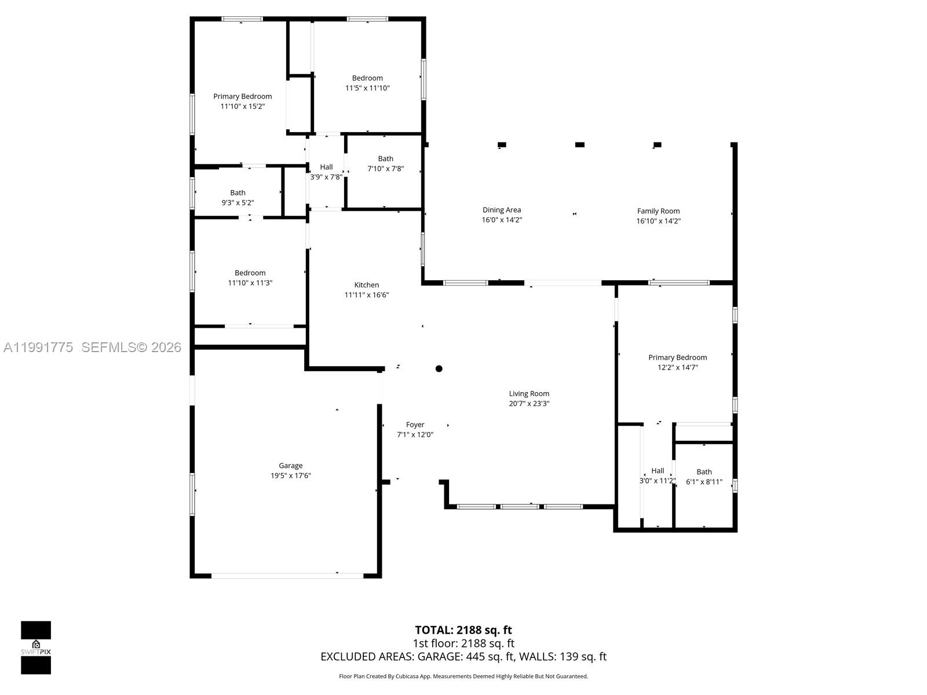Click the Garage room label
(290, 466)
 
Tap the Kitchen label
(366, 285)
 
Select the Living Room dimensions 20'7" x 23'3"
(529, 404)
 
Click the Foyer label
(415, 425)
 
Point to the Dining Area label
(501, 210)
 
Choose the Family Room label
(658, 211)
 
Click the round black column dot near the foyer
(439, 368)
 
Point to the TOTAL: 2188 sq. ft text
(463, 630)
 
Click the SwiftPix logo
(36, 648)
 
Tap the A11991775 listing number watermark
(38, 348)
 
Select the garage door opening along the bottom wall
(287, 576)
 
